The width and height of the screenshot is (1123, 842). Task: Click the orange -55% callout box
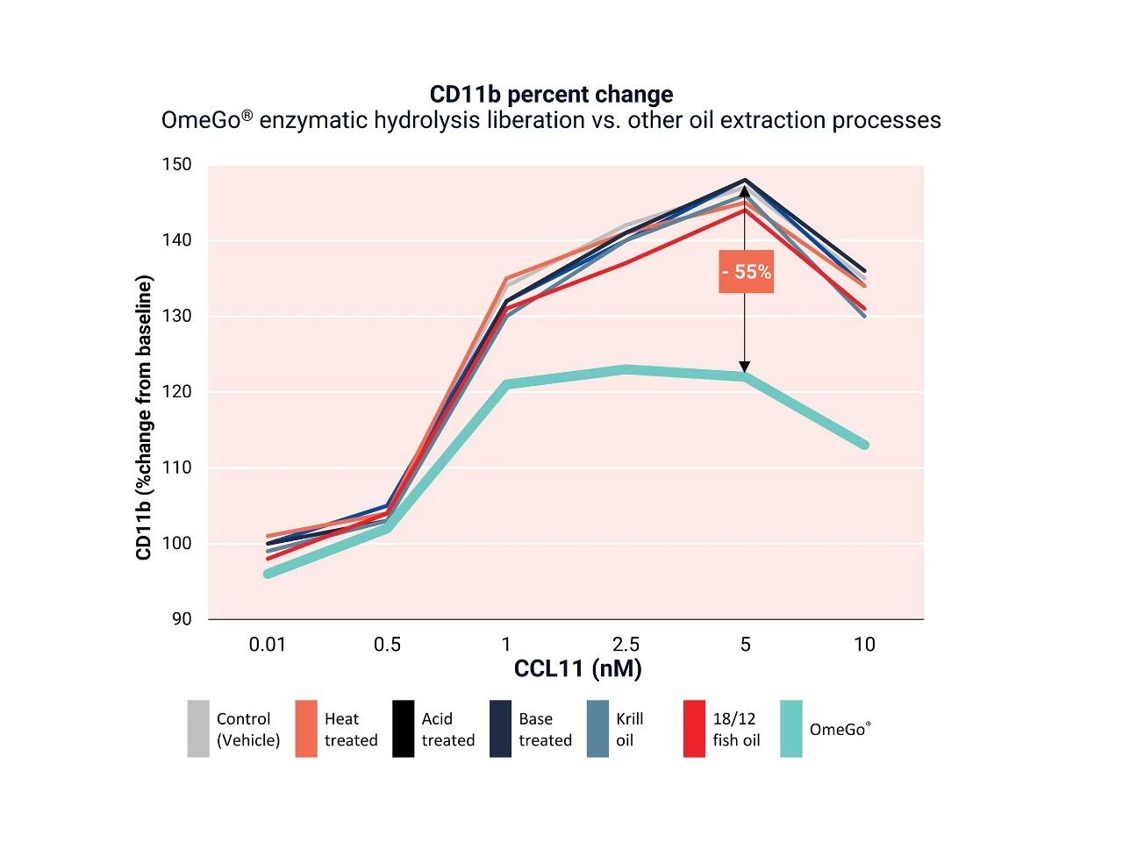746,272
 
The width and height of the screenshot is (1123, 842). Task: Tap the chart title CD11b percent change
551,95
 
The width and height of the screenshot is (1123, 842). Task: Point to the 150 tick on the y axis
176,165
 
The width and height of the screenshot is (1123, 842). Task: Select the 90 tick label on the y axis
181,619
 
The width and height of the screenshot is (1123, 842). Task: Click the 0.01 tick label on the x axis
268,645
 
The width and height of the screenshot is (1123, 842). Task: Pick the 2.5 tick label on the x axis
626,645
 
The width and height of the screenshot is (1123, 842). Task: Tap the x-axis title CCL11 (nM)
577,669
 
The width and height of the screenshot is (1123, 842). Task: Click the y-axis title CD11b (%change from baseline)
145,417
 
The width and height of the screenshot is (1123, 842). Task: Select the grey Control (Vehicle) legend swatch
198,729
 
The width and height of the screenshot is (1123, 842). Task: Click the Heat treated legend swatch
306,729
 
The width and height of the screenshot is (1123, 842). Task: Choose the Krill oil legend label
629,729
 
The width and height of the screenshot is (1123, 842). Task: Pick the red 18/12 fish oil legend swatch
694,729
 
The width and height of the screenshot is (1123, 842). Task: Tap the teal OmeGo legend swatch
790,729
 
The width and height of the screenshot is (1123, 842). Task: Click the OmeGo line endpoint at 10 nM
864,445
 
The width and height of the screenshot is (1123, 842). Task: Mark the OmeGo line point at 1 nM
506,384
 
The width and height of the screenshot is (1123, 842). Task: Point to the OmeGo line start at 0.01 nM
268,574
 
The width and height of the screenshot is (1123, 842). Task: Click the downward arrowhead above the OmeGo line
745,367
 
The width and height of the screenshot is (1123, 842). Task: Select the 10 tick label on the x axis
864,645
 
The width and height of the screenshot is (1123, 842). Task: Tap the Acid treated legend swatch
403,729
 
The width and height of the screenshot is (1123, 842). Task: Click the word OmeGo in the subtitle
201,121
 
